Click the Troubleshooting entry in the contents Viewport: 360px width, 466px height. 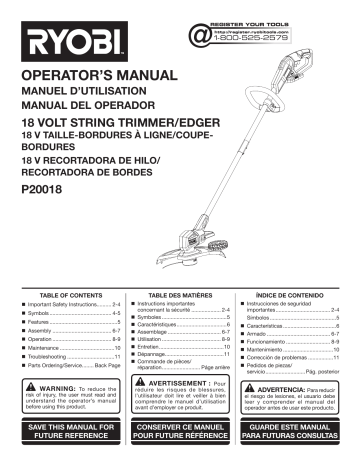[x=49, y=357]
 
